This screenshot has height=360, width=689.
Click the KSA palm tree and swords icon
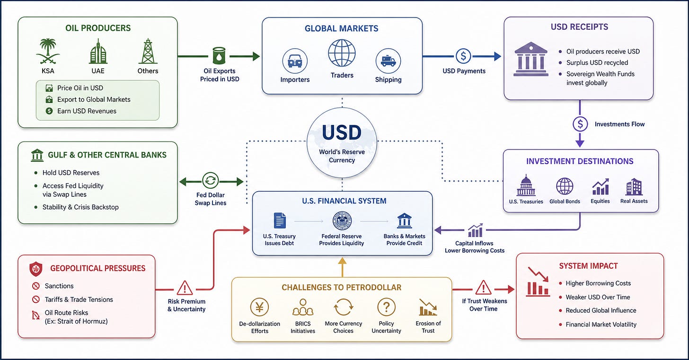(x=48, y=51)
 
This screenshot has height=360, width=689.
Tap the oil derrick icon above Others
(x=148, y=51)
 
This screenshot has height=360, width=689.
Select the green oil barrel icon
(x=219, y=56)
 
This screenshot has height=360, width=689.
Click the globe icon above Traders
(x=342, y=53)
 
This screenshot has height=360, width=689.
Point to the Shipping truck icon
(x=388, y=61)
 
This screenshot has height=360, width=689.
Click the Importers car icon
(x=295, y=61)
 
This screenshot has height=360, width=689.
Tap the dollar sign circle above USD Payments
(x=463, y=56)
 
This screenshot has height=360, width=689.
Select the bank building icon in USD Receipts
(x=531, y=59)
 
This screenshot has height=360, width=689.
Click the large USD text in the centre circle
(x=342, y=132)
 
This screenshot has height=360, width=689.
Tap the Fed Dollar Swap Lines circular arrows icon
(x=211, y=180)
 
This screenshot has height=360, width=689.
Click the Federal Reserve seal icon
(x=342, y=220)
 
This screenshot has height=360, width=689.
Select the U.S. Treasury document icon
(x=280, y=220)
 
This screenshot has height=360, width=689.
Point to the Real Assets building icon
(x=634, y=186)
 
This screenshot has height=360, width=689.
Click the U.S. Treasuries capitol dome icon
(x=526, y=185)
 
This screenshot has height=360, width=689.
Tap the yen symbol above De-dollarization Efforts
(x=260, y=307)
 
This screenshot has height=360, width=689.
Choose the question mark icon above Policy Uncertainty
(x=386, y=307)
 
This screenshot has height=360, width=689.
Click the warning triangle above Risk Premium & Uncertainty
(x=185, y=288)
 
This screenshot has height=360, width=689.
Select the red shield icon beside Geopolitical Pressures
(x=35, y=269)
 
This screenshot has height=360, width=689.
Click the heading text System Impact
(x=588, y=266)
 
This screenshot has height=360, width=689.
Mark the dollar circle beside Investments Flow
(x=580, y=124)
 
